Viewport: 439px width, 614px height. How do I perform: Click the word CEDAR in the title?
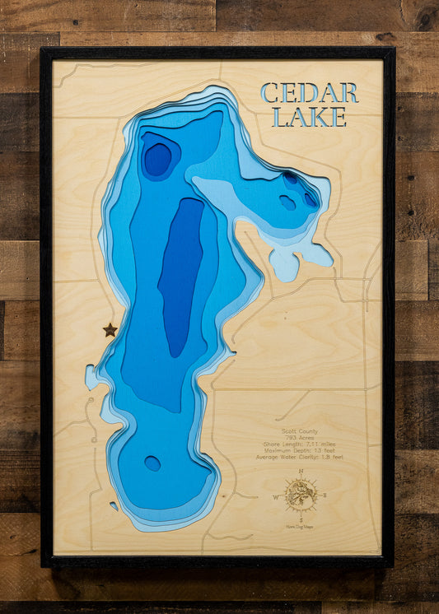310,93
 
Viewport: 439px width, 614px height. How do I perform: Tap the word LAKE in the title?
310,117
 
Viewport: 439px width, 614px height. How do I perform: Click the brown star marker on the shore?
110,330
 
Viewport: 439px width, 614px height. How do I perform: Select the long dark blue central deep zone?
180,276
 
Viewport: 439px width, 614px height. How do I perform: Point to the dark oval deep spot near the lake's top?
157,158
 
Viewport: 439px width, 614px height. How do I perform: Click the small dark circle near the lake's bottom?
152,463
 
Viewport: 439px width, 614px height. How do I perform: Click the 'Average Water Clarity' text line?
301,457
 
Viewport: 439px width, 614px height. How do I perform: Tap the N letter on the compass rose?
301,471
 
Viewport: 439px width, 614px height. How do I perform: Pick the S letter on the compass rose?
301,521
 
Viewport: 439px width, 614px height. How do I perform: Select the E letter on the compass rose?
325,495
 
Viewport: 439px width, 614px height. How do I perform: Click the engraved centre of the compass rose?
301,495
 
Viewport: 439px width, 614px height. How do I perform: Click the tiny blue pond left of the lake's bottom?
114,506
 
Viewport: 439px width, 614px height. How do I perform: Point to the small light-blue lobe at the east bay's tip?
285,265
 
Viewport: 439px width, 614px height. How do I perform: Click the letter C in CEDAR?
270,93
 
